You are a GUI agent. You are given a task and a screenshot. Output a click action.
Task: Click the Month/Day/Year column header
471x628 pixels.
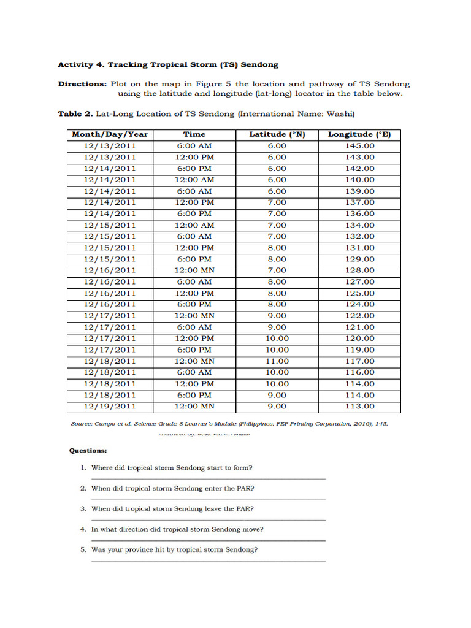(110, 134)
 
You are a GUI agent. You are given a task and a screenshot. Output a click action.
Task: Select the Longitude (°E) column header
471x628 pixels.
(359, 134)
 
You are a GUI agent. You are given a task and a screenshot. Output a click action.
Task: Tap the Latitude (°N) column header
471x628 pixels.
(277, 134)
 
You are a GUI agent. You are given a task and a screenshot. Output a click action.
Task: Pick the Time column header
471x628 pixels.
(194, 134)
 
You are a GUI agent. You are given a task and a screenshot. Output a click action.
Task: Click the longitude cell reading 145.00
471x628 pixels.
(359, 145)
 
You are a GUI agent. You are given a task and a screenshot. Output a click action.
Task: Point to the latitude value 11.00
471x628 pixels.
(277, 361)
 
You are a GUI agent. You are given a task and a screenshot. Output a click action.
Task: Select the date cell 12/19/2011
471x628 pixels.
(110, 407)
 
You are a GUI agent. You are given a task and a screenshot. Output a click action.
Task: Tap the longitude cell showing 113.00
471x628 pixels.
(359, 407)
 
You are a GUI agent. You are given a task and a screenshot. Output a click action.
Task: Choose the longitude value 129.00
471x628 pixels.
(359, 259)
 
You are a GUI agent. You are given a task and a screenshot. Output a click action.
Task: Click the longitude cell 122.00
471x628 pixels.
(359, 316)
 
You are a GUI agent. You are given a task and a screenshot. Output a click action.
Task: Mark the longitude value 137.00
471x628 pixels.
(359, 202)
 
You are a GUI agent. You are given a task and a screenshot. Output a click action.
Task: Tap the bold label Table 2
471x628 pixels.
(75, 113)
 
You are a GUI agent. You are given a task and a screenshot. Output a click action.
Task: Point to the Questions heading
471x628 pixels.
(88, 450)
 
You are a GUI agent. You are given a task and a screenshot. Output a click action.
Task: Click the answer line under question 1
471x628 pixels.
(209, 479)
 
